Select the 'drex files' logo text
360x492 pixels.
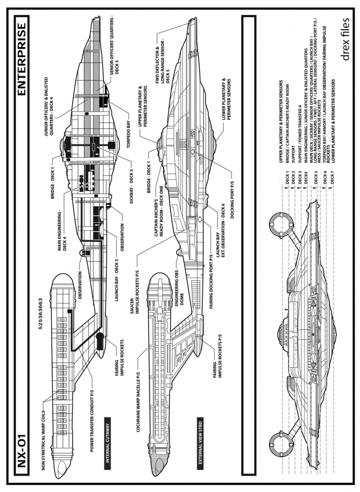[345, 39]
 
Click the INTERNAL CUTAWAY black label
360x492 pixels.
[108, 443]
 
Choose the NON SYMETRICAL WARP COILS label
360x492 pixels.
[43, 440]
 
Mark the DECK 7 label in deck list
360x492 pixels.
[333, 177]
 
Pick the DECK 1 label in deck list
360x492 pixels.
[287, 177]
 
